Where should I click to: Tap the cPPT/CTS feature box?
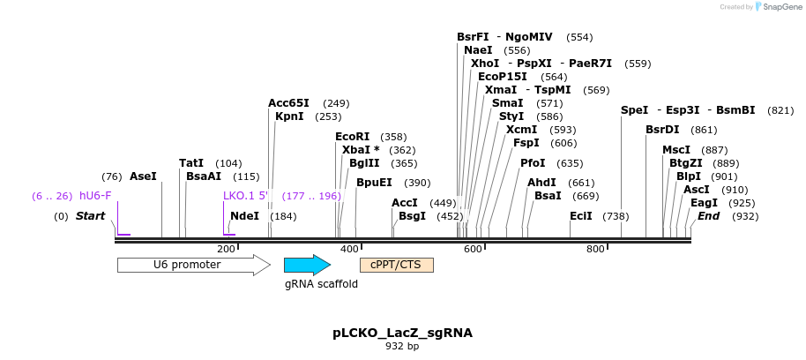[396, 265]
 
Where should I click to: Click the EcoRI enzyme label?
[352, 137]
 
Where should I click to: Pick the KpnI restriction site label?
[289, 116]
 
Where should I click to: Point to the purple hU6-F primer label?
[95, 196]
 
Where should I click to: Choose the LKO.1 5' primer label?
[244, 196]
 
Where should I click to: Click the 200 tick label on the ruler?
[226, 250]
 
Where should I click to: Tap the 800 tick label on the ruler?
[595, 250]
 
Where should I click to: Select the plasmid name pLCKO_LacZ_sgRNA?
[402, 333]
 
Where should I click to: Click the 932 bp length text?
[402, 347]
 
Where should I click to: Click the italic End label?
[708, 216]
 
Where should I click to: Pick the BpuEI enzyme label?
[374, 183]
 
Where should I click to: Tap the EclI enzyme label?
[580, 216]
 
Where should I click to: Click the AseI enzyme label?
[143, 176]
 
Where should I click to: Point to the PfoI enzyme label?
[533, 163]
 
